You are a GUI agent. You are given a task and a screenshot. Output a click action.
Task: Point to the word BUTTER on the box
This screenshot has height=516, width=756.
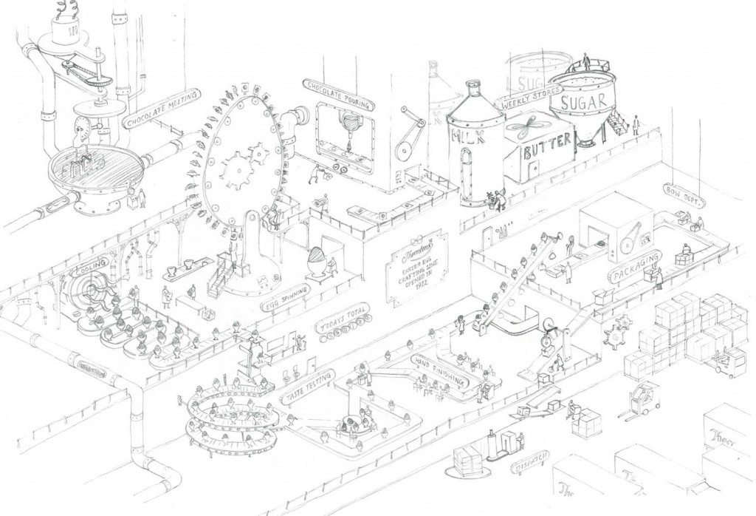coord(548,152)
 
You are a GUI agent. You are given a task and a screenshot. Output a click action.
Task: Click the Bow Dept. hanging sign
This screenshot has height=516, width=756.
coord(684,194)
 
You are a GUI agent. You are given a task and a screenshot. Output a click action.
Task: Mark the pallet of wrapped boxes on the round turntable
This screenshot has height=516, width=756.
coord(467,462)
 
